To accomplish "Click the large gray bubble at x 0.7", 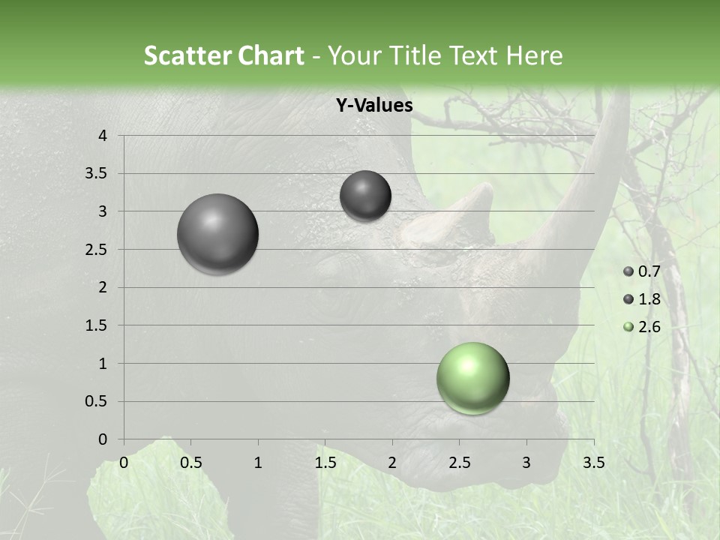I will click(x=217, y=234).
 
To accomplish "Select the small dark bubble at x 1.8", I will click(x=365, y=196).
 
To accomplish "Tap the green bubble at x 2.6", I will click(x=472, y=378).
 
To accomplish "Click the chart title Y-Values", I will click(x=373, y=106).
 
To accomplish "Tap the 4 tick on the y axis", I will click(x=103, y=136).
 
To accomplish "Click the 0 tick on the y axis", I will click(x=103, y=439).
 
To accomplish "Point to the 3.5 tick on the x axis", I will click(x=593, y=463).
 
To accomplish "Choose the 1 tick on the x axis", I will click(x=258, y=463).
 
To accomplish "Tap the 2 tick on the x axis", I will click(x=392, y=463).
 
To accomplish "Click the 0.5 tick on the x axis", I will click(x=190, y=463).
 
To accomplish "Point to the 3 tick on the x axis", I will click(x=526, y=463).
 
